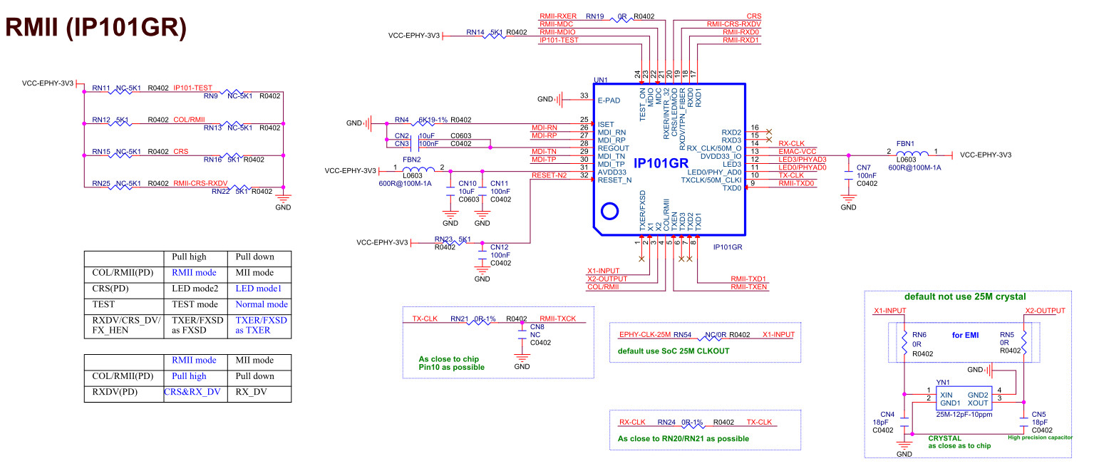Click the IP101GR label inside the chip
point(661,163)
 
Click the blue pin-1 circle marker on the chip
point(610,211)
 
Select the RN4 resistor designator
point(401,120)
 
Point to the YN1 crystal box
point(964,398)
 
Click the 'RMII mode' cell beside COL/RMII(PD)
point(194,273)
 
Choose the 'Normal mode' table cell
point(262,304)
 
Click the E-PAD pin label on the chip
point(609,100)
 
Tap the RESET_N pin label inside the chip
point(614,180)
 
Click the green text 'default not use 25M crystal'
point(965,296)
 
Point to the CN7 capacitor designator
point(864,167)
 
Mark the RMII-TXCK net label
point(558,319)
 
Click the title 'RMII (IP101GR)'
point(96,27)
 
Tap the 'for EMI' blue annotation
point(965,335)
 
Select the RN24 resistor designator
point(666,422)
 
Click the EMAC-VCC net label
point(797,152)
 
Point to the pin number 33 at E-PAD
point(584,95)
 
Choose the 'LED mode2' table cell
point(195,288)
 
